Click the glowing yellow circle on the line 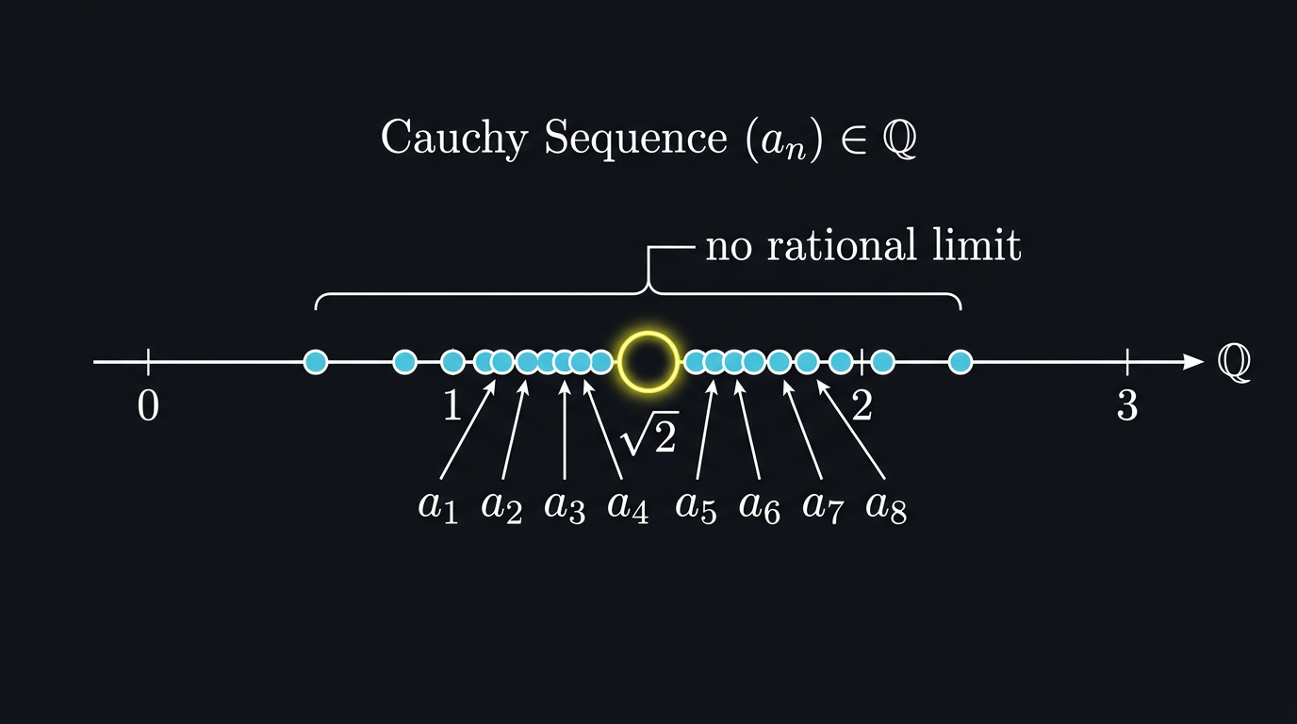click(x=648, y=361)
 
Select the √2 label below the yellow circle click(x=648, y=436)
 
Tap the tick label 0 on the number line click(x=148, y=406)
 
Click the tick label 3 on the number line click(x=1127, y=406)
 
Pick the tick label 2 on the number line click(x=862, y=406)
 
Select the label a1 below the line click(x=438, y=506)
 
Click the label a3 click(x=565, y=506)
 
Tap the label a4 click(x=628, y=506)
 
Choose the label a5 click(x=697, y=506)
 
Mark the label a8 click(x=886, y=506)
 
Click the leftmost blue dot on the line click(x=316, y=361)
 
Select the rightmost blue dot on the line click(x=960, y=361)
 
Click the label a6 click(x=759, y=506)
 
